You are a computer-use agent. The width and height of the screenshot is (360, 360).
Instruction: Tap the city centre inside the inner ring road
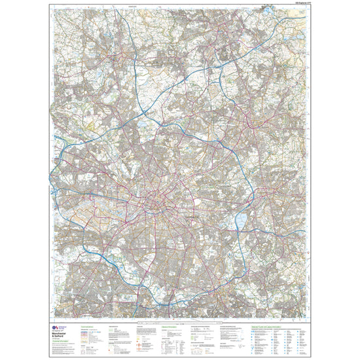click(157, 204)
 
